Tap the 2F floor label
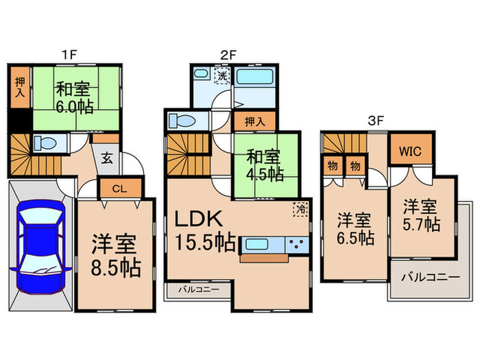tap(228, 53)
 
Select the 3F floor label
tap(375, 119)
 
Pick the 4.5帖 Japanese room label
tap(265, 165)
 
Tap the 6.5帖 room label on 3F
tap(355, 230)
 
